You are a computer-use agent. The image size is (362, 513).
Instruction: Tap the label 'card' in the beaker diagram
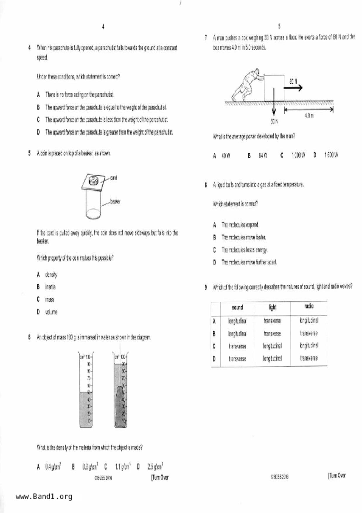tap(113, 178)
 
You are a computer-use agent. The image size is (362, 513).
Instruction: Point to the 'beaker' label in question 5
tap(115, 201)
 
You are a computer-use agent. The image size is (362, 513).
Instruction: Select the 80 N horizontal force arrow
tap(293, 87)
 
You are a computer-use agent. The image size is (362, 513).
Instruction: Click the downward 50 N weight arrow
tap(274, 101)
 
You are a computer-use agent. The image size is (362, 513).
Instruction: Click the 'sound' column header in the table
tap(237, 307)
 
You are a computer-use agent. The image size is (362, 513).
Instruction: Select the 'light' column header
tap(272, 307)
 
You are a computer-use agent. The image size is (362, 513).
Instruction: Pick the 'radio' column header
tap(309, 306)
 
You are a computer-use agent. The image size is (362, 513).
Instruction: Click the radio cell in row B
tap(309, 333)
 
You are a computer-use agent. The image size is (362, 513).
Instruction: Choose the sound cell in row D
tap(237, 359)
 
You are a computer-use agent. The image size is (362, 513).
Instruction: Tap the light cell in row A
tap(272, 321)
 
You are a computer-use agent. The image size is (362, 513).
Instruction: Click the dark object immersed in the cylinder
tap(120, 407)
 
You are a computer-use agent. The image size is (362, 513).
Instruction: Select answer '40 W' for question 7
tap(226, 156)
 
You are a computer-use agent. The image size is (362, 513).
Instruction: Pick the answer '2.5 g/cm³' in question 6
tap(155, 466)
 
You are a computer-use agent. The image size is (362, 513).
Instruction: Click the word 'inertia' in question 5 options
tap(50, 287)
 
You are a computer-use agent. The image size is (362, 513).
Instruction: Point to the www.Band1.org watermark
tap(44, 497)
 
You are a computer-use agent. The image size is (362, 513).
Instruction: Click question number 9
tap(206, 287)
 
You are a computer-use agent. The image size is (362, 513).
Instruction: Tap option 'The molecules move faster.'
tap(244, 237)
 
